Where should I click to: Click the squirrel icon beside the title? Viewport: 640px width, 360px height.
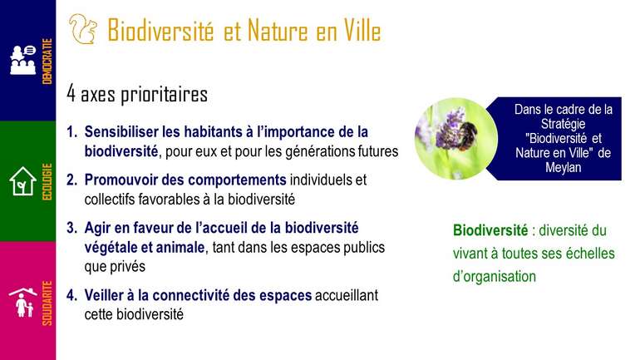click(x=83, y=28)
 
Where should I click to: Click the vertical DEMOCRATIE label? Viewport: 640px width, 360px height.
click(x=47, y=62)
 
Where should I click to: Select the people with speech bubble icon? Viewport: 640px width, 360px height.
click(x=23, y=60)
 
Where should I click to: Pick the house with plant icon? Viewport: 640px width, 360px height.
click(x=23, y=180)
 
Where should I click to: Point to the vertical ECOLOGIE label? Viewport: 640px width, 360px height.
click(x=47, y=181)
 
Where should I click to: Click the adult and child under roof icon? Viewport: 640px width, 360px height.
click(x=23, y=303)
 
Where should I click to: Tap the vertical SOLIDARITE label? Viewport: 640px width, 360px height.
click(x=47, y=303)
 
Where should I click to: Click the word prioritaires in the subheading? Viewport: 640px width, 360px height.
click(x=164, y=95)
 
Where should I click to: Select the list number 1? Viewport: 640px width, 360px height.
click(x=71, y=132)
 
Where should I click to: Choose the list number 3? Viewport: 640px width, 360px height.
click(x=71, y=228)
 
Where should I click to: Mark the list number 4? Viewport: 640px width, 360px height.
click(x=71, y=295)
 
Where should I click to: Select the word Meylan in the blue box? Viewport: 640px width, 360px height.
click(x=564, y=167)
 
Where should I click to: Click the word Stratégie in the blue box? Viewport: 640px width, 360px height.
click(x=564, y=124)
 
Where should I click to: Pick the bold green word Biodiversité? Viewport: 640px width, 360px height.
click(x=490, y=230)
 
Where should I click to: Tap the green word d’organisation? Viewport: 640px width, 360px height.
click(x=495, y=276)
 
